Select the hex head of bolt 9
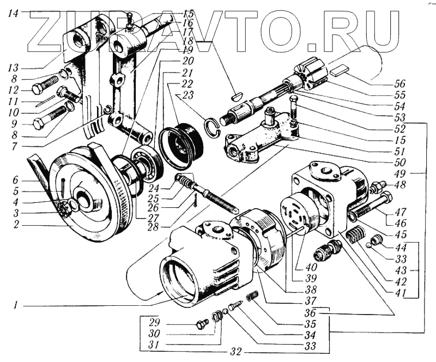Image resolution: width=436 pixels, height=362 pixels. click(x=39, y=123)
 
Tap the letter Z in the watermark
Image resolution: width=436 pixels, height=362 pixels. click(x=49, y=30)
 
